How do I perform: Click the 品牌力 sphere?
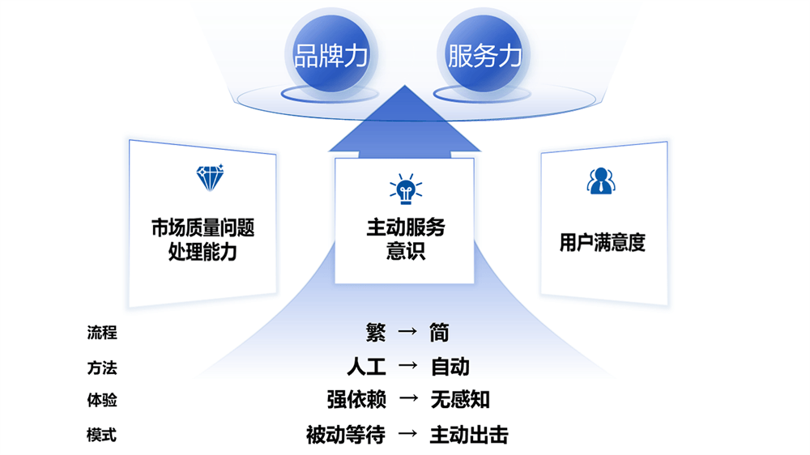click(331, 53)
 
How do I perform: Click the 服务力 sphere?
click(484, 53)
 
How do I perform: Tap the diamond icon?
click(210, 177)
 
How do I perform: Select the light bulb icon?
click(406, 189)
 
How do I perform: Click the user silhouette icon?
click(601, 181)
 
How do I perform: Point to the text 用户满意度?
click(603, 242)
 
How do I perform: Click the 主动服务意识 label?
click(406, 239)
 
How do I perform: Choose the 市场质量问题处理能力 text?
click(203, 239)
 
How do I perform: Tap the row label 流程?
click(102, 332)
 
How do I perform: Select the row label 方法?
click(102, 368)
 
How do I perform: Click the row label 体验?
click(102, 400)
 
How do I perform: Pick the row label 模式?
click(102, 435)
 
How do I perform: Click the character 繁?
click(376, 332)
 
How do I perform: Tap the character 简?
click(439, 333)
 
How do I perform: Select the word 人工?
click(367, 367)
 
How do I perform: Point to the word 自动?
click(450, 367)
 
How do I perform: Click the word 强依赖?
click(357, 399)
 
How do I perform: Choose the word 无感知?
click(460, 399)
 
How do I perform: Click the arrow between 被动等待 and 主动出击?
click(407, 433)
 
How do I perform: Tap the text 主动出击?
click(469, 435)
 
